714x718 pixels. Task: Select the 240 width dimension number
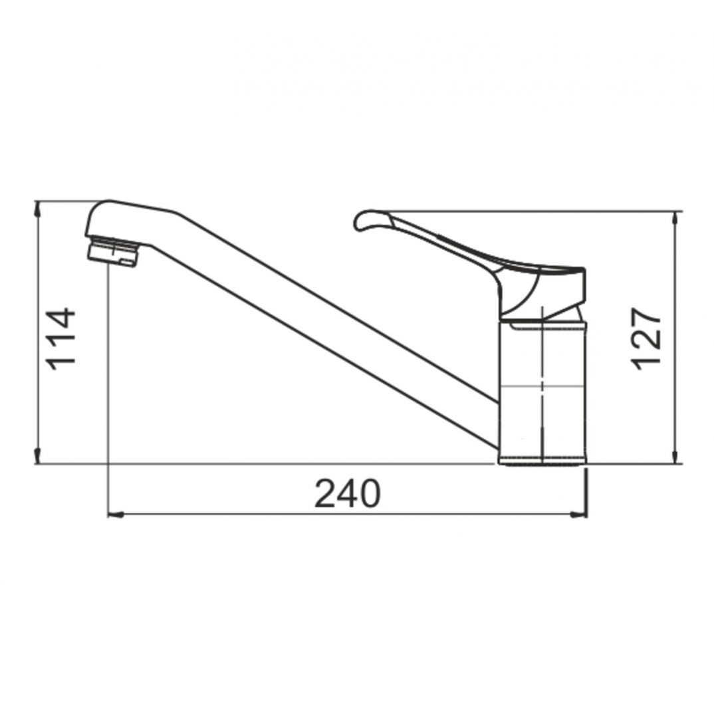348,493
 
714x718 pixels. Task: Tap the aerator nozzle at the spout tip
112,251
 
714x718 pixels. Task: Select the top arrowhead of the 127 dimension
675,219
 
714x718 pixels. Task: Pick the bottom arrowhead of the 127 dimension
675,456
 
